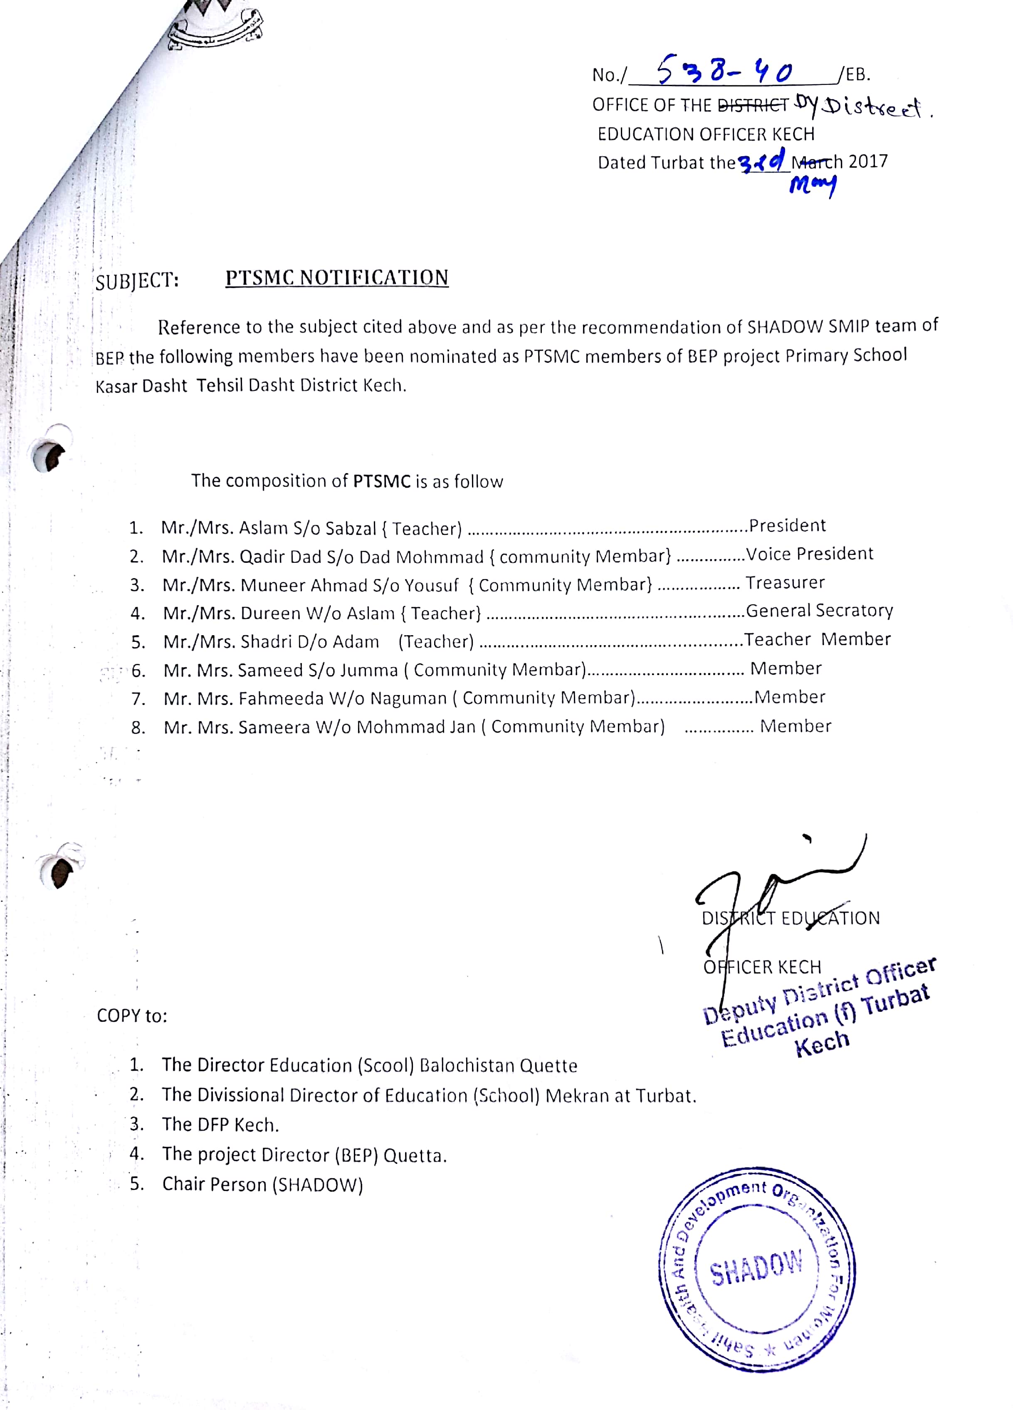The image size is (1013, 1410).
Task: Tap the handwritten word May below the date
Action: (x=812, y=184)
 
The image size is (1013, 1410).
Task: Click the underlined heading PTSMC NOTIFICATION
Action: (x=336, y=278)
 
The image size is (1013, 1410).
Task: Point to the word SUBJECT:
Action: (x=137, y=281)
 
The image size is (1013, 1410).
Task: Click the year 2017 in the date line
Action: (x=868, y=162)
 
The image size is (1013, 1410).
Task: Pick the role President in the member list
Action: (x=787, y=526)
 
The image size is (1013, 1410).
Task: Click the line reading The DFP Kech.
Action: (x=220, y=1125)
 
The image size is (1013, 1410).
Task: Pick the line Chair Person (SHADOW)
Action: (x=262, y=1184)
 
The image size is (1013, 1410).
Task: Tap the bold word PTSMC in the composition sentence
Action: (x=382, y=481)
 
